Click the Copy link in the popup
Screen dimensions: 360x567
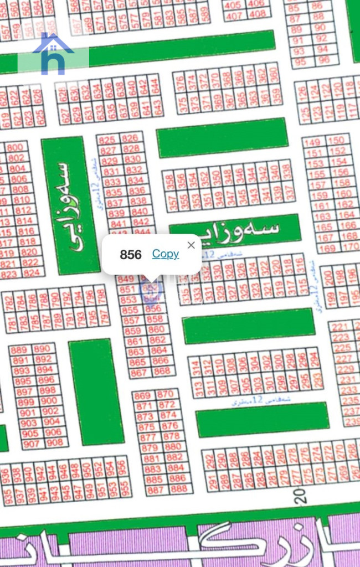(165, 254)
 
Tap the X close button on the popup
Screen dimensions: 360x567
(191, 245)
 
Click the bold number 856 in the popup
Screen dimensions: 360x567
(131, 255)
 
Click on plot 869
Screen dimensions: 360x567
(142, 396)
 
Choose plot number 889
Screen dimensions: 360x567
(19, 350)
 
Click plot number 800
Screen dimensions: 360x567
(15, 147)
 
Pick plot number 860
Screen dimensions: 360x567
(156, 329)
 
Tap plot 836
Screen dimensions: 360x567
(136, 191)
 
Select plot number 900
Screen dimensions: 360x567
(49, 401)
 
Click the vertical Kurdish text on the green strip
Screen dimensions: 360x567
(63, 204)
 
